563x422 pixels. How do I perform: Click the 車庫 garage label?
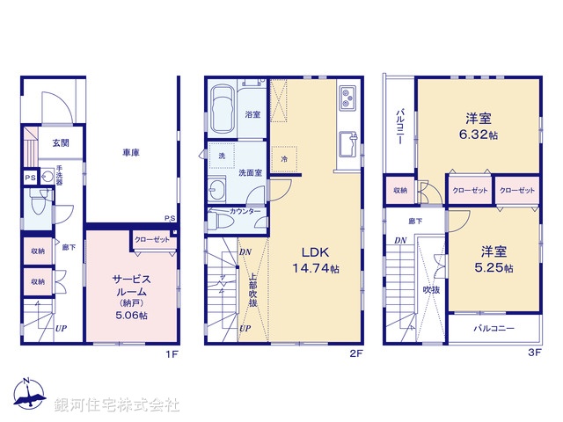tap(132, 153)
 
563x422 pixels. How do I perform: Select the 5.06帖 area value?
tap(129, 315)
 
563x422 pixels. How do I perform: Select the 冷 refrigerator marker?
tap(284, 158)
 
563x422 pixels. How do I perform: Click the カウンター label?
tap(245, 212)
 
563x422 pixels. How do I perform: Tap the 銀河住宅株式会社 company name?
tap(117, 405)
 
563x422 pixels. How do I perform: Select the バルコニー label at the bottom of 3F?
tap(494, 328)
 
